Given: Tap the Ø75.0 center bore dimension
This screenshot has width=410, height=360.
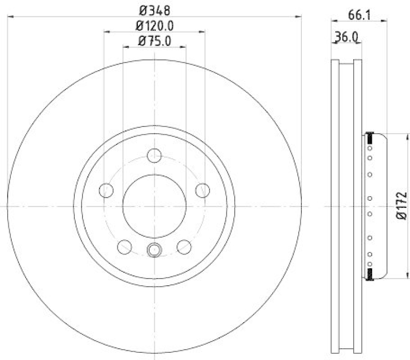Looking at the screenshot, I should [154, 41].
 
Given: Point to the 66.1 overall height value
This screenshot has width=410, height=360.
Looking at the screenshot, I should [359, 15].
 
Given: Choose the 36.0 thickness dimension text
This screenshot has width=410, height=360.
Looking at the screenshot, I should [346, 37].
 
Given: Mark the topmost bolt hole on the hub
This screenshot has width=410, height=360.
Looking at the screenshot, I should [154, 155].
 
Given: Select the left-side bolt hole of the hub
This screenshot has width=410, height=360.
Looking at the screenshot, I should [106, 190].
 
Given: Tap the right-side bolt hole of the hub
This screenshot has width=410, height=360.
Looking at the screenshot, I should [203, 190].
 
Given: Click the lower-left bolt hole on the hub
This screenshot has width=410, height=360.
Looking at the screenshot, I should [125, 247].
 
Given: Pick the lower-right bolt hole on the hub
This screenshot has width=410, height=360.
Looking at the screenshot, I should [184, 247].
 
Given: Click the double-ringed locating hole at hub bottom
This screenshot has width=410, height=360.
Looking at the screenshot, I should [154, 250].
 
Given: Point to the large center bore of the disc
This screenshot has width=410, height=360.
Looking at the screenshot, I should [154, 206].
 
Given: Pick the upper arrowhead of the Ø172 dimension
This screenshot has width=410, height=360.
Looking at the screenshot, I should [408, 136].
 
